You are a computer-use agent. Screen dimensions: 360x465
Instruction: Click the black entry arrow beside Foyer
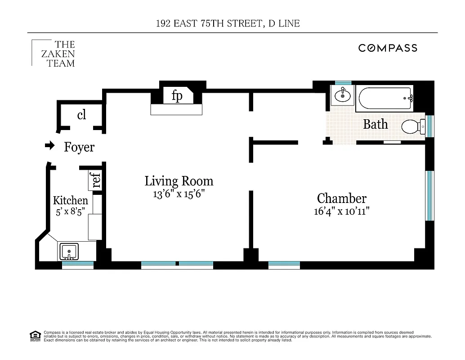pyautogui.click(x=49, y=146)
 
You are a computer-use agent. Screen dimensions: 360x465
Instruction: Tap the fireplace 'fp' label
pyautogui.click(x=177, y=96)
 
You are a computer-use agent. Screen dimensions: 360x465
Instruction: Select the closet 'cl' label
pyautogui.click(x=81, y=115)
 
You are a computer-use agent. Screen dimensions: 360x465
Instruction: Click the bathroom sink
pyautogui.click(x=343, y=95)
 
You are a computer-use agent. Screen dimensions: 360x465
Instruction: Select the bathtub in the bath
pyautogui.click(x=385, y=99)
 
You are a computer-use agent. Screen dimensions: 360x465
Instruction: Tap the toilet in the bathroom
pyautogui.click(x=412, y=127)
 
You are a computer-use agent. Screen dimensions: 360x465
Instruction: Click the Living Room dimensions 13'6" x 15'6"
pyautogui.click(x=179, y=194)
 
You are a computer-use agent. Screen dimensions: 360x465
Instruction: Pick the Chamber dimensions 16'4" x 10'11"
pyautogui.click(x=342, y=211)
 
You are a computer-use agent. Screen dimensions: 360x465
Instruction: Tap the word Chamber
pyautogui.click(x=342, y=198)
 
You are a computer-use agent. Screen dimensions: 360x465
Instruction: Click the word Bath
pyautogui.click(x=375, y=124)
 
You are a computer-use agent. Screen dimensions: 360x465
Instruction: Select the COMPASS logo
pyautogui.click(x=388, y=48)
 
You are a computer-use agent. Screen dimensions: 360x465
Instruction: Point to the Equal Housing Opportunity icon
pyautogui.click(x=35, y=335)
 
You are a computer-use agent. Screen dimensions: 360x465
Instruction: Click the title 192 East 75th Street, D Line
pyautogui.click(x=227, y=23)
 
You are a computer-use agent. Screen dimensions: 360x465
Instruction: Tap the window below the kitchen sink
pyautogui.click(x=77, y=265)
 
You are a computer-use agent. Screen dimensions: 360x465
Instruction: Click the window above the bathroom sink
pyautogui.click(x=343, y=83)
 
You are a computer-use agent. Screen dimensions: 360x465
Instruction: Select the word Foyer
pyautogui.click(x=79, y=147)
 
